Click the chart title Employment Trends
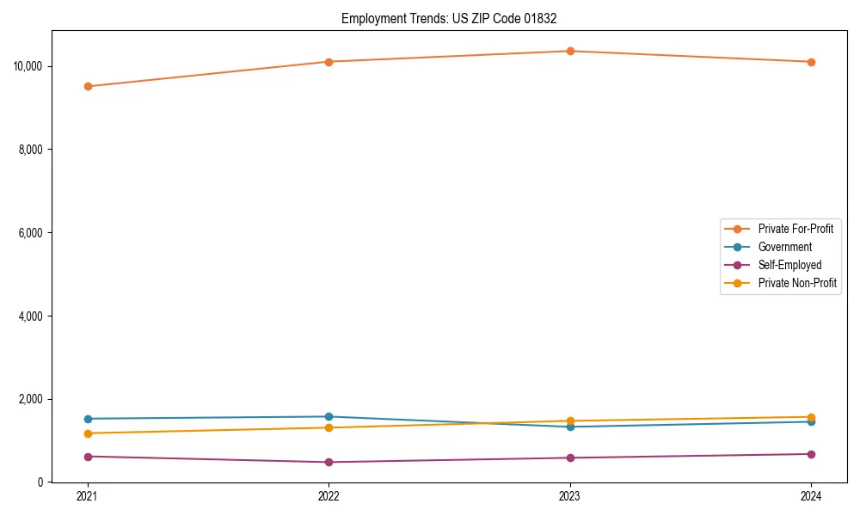click(x=455, y=18)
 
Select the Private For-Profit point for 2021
click(x=88, y=86)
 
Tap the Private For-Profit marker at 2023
click(x=570, y=51)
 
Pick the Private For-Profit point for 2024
click(x=811, y=62)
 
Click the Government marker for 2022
click(x=329, y=416)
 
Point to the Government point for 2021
click(x=88, y=419)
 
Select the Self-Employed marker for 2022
click(x=329, y=462)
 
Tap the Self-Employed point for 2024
click(x=811, y=454)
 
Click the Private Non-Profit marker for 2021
click(x=88, y=433)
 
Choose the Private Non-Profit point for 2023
click(x=570, y=421)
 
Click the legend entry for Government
click(x=784, y=247)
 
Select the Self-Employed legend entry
click(x=789, y=265)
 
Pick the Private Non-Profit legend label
click(x=797, y=283)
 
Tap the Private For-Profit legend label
click(x=795, y=229)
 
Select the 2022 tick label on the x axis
click(x=329, y=496)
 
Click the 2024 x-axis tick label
click(x=811, y=496)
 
